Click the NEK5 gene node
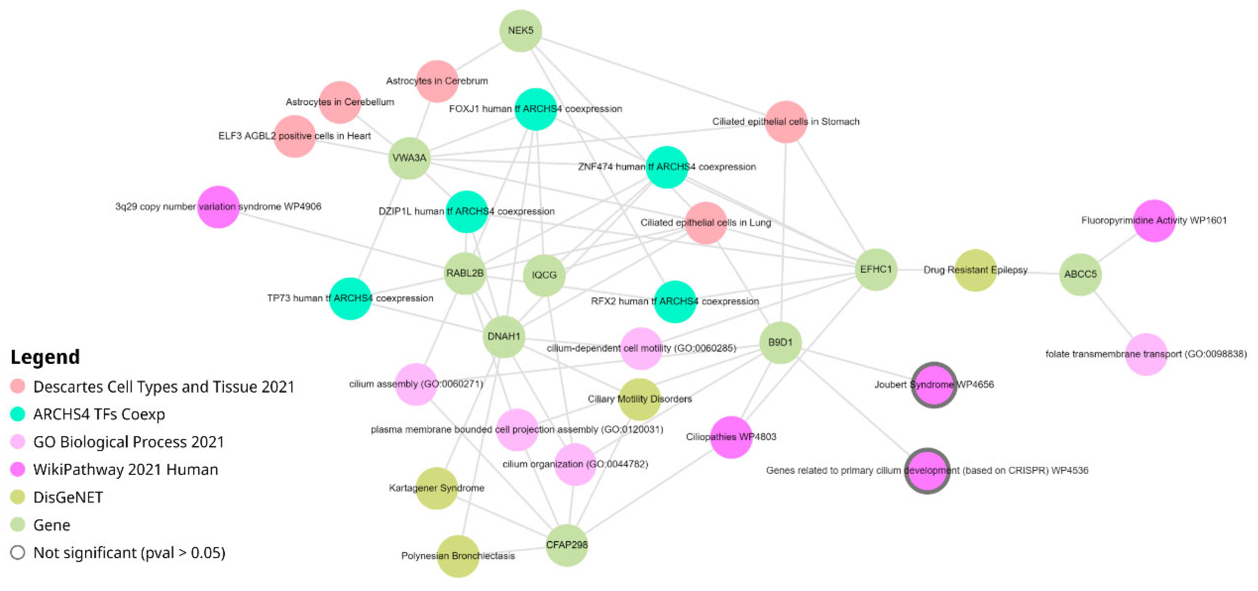tap(520, 30)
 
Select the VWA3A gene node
tap(409, 158)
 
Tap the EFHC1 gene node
tap(876, 269)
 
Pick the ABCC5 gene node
tap(1080, 274)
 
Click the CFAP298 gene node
tap(567, 545)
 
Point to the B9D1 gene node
tap(780, 343)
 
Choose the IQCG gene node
tap(544, 275)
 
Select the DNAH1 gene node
tap(503, 336)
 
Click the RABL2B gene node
tap(465, 273)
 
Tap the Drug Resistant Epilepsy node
tap(975, 270)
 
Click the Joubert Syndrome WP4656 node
tap(934, 384)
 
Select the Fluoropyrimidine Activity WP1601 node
tap(1154, 220)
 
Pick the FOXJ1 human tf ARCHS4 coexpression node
tap(536, 109)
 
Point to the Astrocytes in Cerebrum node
tap(437, 81)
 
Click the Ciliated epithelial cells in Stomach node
tap(786, 121)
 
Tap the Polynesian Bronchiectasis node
tap(458, 556)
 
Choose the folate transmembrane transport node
tap(1146, 354)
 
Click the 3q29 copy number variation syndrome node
tap(218, 207)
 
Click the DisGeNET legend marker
tap(17, 497)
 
